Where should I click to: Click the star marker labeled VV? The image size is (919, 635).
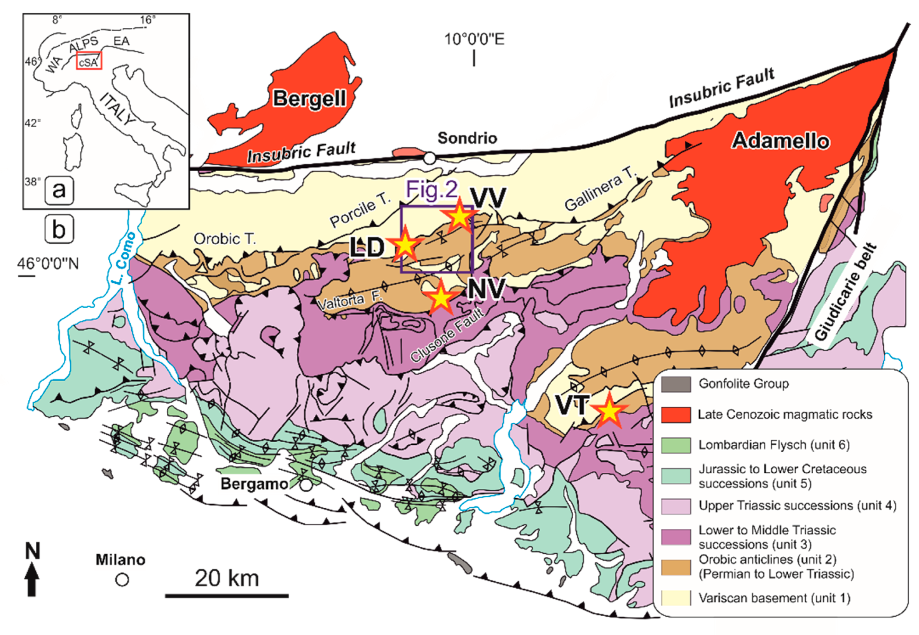pyautogui.click(x=459, y=216)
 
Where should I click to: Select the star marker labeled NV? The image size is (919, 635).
pyautogui.click(x=440, y=298)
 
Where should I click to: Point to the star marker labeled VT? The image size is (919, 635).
pyautogui.click(x=609, y=411)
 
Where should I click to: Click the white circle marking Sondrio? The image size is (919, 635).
pyautogui.click(x=429, y=158)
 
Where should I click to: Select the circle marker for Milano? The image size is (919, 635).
pyautogui.click(x=122, y=580)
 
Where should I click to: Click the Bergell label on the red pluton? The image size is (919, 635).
pyautogui.click(x=309, y=98)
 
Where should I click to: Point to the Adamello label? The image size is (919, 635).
pyautogui.click(x=780, y=141)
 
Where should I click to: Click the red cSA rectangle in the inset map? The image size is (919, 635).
pyautogui.click(x=89, y=61)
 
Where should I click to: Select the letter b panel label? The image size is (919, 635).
pyautogui.click(x=59, y=229)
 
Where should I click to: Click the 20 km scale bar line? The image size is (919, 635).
pyautogui.click(x=227, y=596)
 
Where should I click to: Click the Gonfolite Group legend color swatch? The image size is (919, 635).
pyautogui.click(x=676, y=384)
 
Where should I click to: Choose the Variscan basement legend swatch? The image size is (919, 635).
pyautogui.click(x=676, y=598)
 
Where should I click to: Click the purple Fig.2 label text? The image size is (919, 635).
pyautogui.click(x=431, y=190)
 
